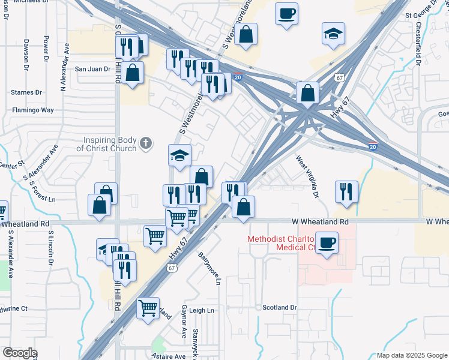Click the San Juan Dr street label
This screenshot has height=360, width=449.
point(92,68)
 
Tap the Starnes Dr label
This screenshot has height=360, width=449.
point(26,92)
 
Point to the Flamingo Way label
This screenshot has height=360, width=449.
point(33,110)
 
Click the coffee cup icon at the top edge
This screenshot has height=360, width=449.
point(286,12)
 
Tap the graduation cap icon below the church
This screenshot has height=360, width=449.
point(179,155)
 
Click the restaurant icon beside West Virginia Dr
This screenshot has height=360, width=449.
point(346,191)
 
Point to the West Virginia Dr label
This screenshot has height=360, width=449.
point(306,177)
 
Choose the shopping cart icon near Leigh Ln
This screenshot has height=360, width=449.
point(148,308)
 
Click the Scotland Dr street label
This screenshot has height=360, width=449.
point(280,307)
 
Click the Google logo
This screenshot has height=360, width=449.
point(19,352)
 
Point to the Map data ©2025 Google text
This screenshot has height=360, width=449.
point(412,355)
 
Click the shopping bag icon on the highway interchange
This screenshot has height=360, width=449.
point(307,93)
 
